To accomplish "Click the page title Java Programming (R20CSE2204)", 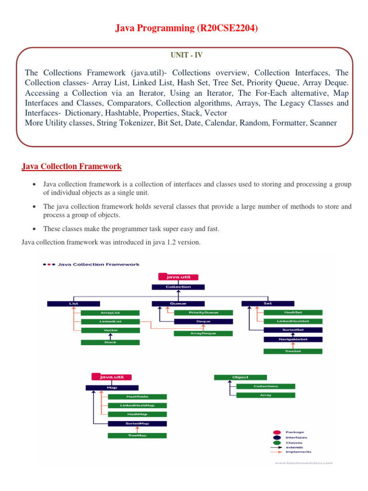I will pos(186,28).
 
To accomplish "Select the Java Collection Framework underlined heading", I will pos(72,166).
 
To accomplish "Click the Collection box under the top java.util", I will pos(178,287).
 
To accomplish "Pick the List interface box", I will pos(73,303).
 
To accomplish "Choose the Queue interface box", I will pos(178,303).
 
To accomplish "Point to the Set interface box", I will pos(268,303).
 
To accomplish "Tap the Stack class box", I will pos(110,342).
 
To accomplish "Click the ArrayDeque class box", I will pos(203,333).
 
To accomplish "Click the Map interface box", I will pos(112,387).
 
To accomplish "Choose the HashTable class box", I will pos(137,397).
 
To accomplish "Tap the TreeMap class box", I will pos(137,435).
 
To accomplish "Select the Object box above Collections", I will pos(240,377).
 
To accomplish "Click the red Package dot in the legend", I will pos(277,432).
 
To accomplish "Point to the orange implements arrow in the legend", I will pos(277,452).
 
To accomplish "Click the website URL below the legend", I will pos(303,463).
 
